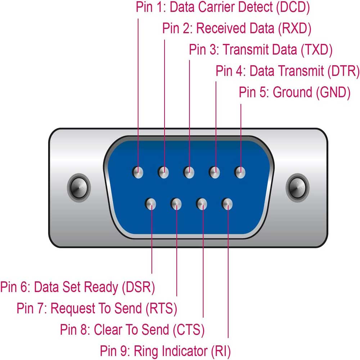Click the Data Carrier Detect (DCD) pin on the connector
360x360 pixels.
click(x=138, y=172)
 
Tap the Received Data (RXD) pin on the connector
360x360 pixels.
click(x=164, y=172)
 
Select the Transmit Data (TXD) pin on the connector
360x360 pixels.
click(x=189, y=172)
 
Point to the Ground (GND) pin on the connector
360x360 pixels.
click(x=240, y=172)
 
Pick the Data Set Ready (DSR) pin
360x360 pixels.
click(x=151, y=204)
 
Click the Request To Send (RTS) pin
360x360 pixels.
click(x=176, y=204)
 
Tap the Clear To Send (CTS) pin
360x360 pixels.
click(x=202, y=204)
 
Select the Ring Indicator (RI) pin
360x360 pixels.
click(x=228, y=204)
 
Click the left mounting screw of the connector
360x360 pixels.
click(x=79, y=186)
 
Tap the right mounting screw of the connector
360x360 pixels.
click(x=297, y=186)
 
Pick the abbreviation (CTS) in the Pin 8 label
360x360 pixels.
click(x=189, y=329)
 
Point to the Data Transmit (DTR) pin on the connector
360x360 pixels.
click(x=215, y=172)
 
